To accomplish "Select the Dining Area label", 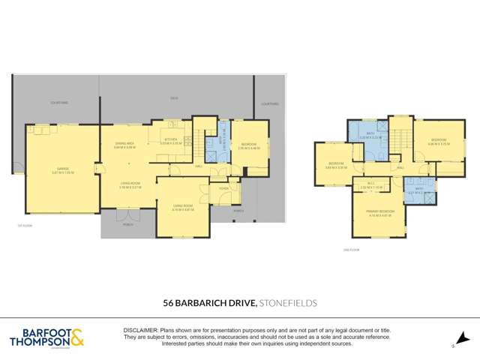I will tap(124, 145).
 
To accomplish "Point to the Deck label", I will tap(174, 98).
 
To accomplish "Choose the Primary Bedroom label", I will tap(381, 213).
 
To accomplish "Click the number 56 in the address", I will tap(169, 302).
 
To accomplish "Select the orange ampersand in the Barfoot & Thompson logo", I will tap(77, 337).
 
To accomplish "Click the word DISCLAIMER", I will tap(142, 329).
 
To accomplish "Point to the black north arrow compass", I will tap(463, 338).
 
